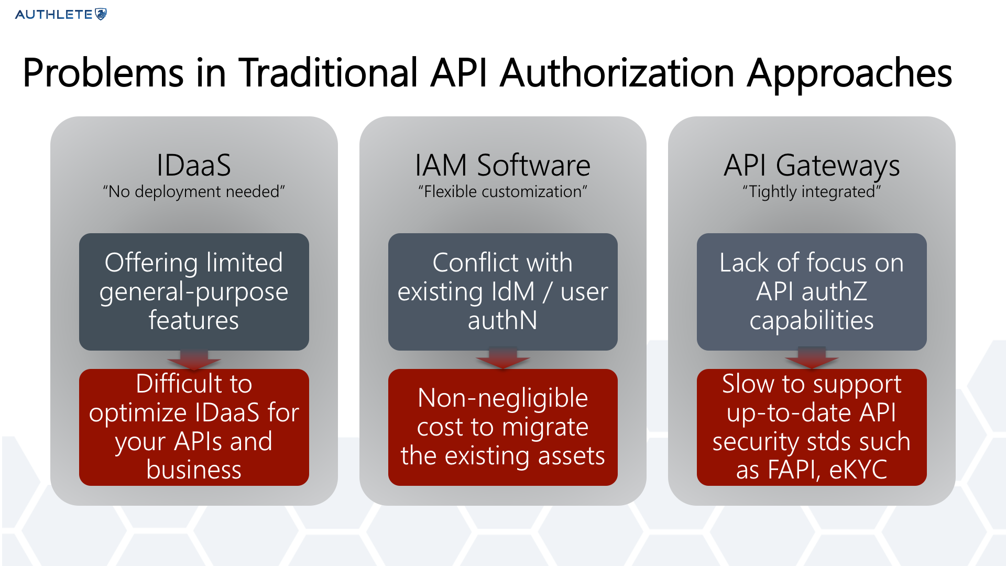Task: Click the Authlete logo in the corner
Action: click(x=61, y=14)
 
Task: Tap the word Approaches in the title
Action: click(x=849, y=73)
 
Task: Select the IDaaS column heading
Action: click(x=194, y=165)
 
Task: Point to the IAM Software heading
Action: click(x=502, y=165)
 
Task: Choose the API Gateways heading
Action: click(x=812, y=166)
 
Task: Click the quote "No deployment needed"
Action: click(x=194, y=192)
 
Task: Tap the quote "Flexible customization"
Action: click(x=502, y=192)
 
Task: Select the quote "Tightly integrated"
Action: click(x=812, y=192)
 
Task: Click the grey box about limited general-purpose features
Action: click(x=194, y=292)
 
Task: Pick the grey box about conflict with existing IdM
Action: click(x=502, y=292)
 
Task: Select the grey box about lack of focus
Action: click(x=812, y=292)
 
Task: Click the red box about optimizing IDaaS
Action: click(x=194, y=427)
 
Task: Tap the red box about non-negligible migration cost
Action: click(x=502, y=427)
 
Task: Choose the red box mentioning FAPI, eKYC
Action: click(x=812, y=427)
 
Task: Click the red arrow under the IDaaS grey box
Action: click(x=194, y=360)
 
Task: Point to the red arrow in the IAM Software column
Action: click(x=502, y=358)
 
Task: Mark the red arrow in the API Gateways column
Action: click(x=812, y=358)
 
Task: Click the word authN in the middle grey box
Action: click(x=502, y=320)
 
